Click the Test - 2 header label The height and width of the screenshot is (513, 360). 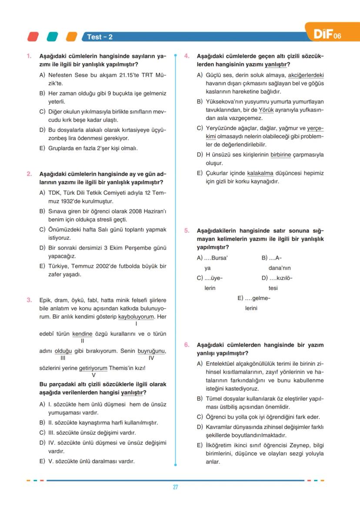click(100, 37)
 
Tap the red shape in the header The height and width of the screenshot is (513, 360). click(33, 37)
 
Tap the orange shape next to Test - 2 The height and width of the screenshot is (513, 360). click(71, 37)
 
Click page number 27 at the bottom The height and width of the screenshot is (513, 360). click(175, 487)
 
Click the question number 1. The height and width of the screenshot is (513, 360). click(29, 57)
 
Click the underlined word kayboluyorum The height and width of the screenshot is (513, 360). click(136, 317)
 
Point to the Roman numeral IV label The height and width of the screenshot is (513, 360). click(151, 358)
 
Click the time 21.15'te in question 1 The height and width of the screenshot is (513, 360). click(125, 75)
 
